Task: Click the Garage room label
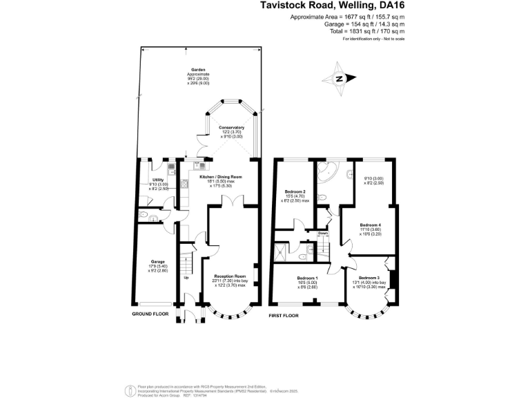[x=159, y=261]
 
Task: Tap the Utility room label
[x=157, y=181]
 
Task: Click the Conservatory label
[x=232, y=128]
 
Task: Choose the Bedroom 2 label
[x=295, y=191]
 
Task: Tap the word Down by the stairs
[x=323, y=234]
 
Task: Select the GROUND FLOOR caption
[x=150, y=314]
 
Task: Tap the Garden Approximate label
[x=199, y=72]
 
